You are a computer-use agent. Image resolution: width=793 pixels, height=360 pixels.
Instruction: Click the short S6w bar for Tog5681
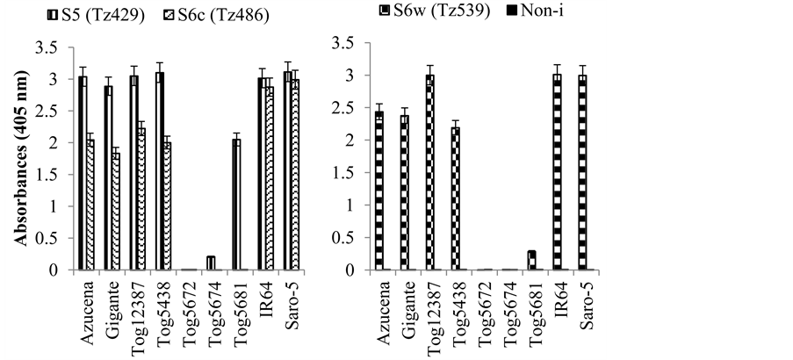531,261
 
